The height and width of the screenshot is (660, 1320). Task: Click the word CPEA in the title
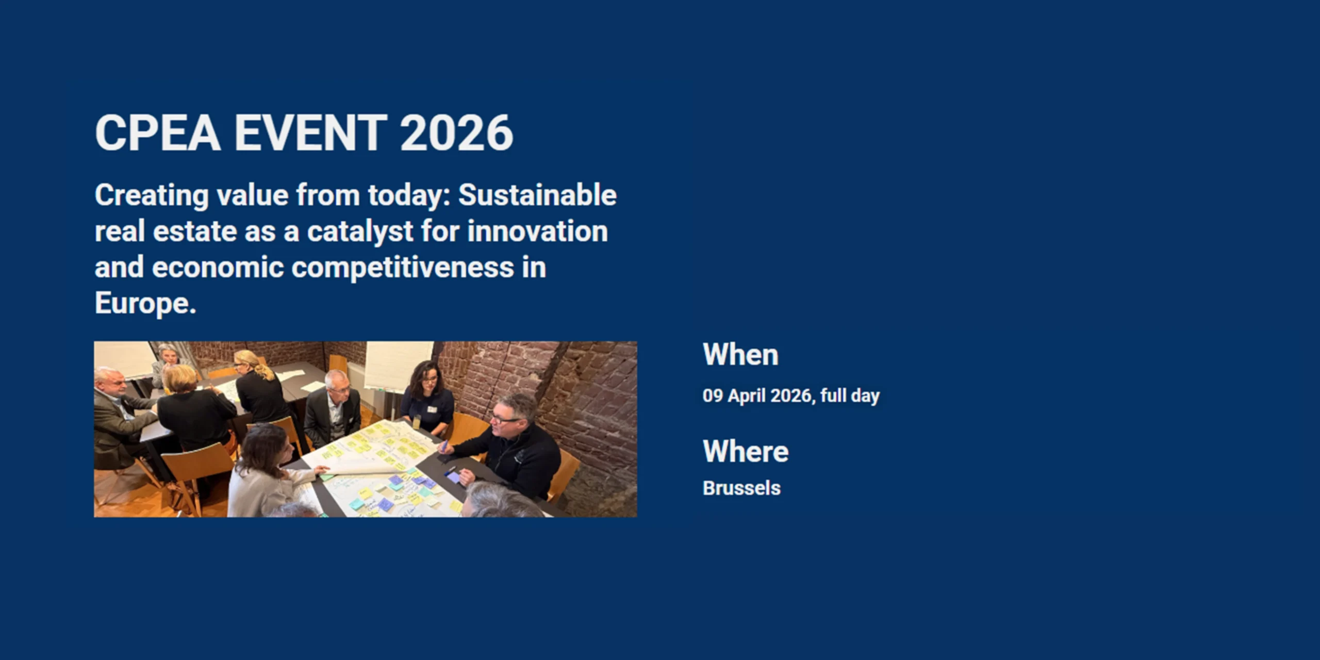pyautogui.click(x=158, y=133)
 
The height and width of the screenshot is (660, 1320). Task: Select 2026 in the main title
pyautogui.click(x=456, y=133)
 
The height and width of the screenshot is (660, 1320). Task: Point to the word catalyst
pyautogui.click(x=360, y=232)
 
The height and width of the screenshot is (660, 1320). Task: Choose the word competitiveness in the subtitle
pyautogui.click(x=403, y=268)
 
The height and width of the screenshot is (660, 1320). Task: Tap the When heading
pyautogui.click(x=740, y=355)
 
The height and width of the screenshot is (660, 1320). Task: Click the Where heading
pyautogui.click(x=746, y=451)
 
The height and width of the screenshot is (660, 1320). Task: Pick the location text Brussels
pyautogui.click(x=741, y=488)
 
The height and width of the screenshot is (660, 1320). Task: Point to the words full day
pyautogui.click(x=850, y=395)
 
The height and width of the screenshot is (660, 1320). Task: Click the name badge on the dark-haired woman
pyautogui.click(x=432, y=409)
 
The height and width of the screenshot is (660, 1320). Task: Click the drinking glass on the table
pyautogui.click(x=416, y=422)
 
